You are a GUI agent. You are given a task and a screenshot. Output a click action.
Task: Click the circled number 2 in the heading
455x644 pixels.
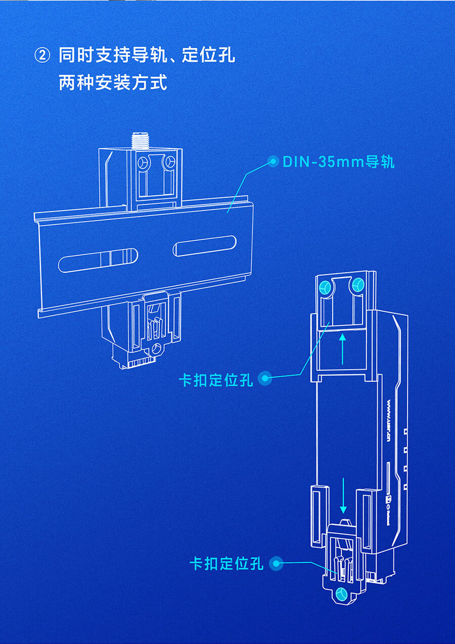pos(42,55)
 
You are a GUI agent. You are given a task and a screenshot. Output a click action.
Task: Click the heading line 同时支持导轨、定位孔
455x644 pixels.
pos(147,55)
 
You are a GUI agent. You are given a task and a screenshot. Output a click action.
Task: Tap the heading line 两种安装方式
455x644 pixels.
pos(113,82)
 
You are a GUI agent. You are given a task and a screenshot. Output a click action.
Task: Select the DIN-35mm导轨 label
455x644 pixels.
pos(338,162)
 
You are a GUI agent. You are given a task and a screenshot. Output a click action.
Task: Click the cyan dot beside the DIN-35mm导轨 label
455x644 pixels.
pos(273,162)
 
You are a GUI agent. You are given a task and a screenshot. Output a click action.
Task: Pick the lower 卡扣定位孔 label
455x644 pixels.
pos(226,563)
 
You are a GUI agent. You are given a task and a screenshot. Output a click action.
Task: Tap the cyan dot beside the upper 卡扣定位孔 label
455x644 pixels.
pos(264,378)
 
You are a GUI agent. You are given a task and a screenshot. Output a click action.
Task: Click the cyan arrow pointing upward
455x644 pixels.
pos(342,349)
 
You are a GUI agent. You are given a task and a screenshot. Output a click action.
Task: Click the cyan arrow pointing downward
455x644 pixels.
pos(344,496)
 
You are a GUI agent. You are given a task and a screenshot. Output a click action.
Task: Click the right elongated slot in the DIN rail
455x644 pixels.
pos(204,246)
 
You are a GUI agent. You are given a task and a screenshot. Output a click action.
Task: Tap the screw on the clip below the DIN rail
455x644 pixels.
pos(157,348)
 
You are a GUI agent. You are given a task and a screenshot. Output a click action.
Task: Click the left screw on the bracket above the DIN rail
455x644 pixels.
pos(143,163)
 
